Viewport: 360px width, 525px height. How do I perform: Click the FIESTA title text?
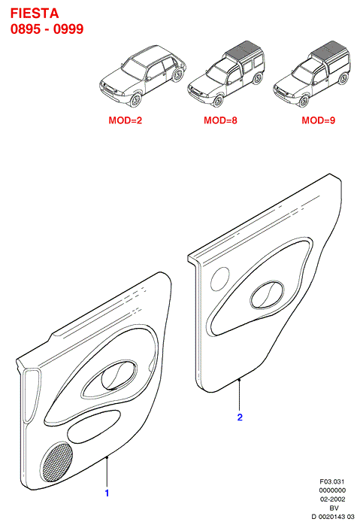point(35,14)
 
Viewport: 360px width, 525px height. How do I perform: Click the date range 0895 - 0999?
point(47,29)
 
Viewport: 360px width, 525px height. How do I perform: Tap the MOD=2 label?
point(125,120)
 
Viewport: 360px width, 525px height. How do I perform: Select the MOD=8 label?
point(220,120)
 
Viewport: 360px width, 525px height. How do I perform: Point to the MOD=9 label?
point(318,120)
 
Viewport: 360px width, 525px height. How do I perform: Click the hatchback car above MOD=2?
point(143,76)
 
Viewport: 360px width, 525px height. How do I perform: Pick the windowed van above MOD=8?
point(226,74)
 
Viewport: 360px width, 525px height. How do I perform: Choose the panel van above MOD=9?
point(312,74)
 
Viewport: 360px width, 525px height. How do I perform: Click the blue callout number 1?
point(107,493)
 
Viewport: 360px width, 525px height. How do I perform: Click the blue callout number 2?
point(240,417)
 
